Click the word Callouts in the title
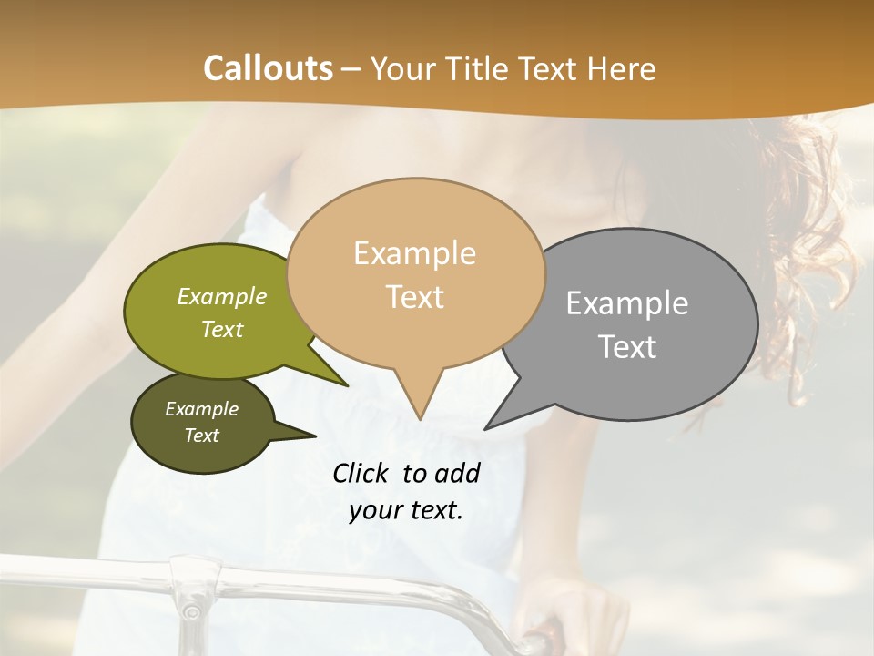[268, 68]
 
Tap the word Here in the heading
[620, 69]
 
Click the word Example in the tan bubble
[414, 253]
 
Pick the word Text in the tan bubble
[415, 297]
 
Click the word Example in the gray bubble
[627, 303]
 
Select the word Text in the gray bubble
[628, 347]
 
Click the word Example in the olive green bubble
[222, 297]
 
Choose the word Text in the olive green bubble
[222, 330]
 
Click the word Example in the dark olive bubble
[201, 410]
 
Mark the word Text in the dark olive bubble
[202, 436]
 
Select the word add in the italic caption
[457, 474]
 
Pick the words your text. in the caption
[406, 510]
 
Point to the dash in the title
[352, 69]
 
